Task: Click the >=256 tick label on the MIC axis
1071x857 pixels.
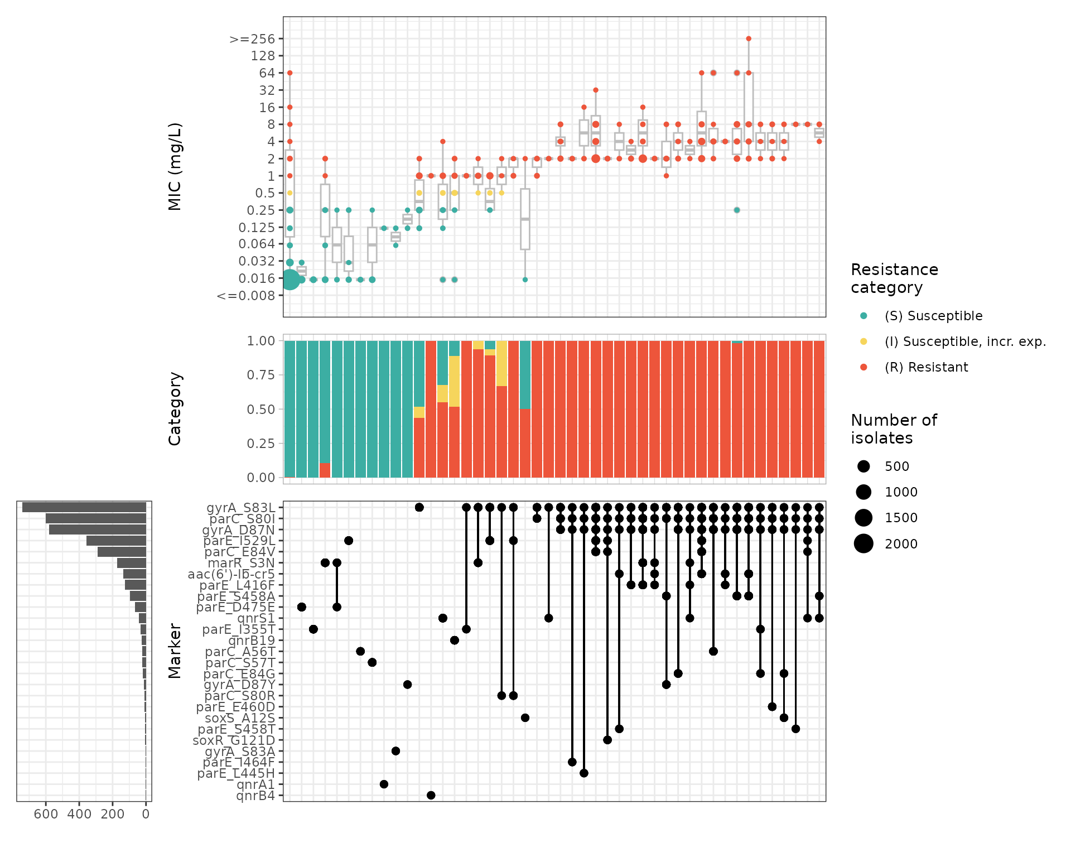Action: point(252,39)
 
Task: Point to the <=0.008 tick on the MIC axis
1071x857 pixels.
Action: point(246,296)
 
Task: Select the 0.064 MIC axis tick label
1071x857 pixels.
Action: point(257,244)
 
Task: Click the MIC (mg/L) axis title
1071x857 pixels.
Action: point(175,166)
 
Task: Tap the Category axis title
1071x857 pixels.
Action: point(175,408)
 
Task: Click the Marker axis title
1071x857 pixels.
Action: point(175,651)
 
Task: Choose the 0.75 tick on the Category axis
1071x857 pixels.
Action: point(261,375)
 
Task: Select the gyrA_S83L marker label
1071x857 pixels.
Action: point(240,508)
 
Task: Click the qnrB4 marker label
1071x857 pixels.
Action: point(255,796)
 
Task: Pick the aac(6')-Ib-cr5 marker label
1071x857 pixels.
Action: point(231,574)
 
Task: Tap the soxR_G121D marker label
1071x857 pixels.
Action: point(234,740)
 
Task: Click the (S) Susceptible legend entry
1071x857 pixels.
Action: point(933,316)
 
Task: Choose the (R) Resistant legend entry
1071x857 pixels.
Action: point(926,367)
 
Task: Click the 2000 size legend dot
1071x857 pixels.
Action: point(863,543)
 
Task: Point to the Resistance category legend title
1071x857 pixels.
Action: point(894,278)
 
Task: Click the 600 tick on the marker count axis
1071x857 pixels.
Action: point(46,814)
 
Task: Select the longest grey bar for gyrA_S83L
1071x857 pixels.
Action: point(84,507)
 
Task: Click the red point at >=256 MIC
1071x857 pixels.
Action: point(749,39)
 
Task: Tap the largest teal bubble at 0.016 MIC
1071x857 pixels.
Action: point(290,280)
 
